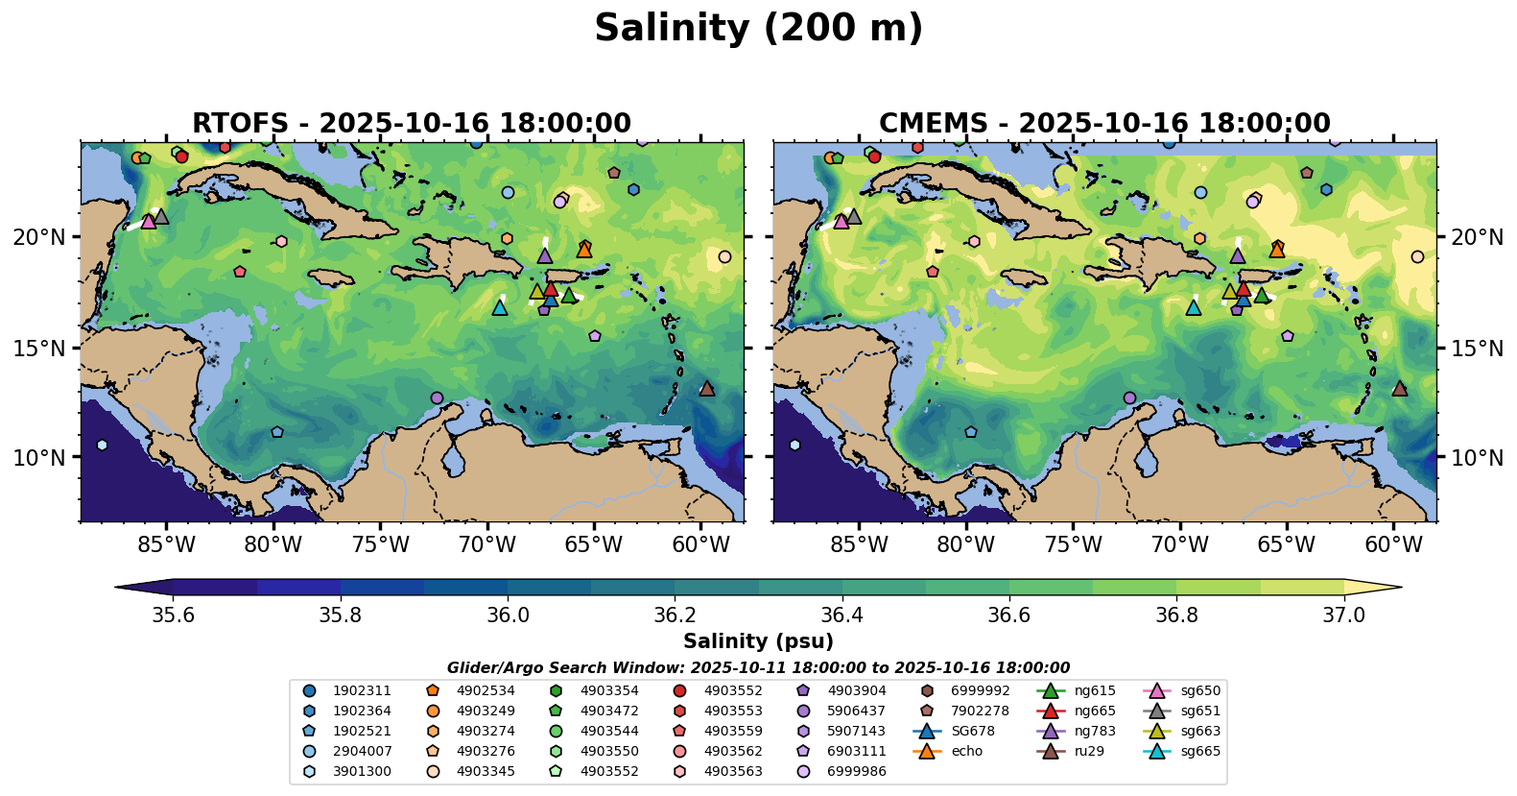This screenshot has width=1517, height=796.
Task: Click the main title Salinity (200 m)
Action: [758, 29]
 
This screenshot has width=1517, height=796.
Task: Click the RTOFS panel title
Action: [412, 124]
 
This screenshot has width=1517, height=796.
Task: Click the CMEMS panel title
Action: [1104, 124]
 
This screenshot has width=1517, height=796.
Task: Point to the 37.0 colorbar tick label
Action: [1343, 615]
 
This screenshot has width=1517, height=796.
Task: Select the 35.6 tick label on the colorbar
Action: [174, 615]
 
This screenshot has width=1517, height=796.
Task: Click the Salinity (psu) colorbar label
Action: [758, 641]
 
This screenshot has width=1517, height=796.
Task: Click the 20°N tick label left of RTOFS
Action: [39, 237]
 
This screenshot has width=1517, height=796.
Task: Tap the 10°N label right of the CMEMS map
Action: [1477, 458]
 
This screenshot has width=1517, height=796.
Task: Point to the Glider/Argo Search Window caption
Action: [758, 668]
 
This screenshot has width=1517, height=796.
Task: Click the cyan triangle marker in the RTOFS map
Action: [499, 308]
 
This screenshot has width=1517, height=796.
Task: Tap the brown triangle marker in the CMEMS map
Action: [1399, 389]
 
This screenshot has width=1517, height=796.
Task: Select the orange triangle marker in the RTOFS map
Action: [584, 250]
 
